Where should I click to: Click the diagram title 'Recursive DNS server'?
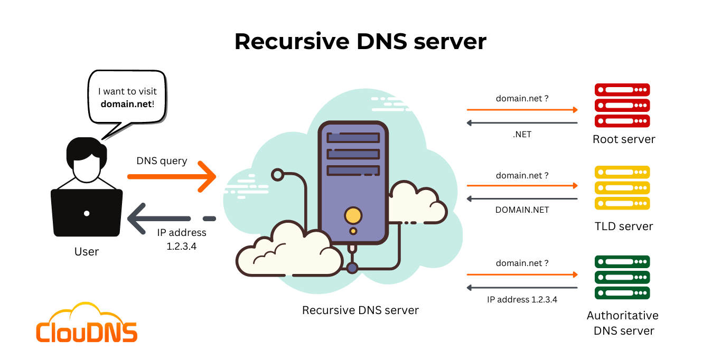(360, 41)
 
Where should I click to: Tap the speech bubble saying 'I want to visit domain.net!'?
(127, 97)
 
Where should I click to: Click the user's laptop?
(87, 214)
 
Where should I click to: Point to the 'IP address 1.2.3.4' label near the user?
(181, 239)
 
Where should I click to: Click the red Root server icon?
(622, 105)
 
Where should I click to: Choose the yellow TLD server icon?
(622, 188)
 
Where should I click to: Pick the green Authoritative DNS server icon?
(622, 277)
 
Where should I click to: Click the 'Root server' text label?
(624, 139)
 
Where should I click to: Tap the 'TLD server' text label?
(624, 226)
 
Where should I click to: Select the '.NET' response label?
(522, 135)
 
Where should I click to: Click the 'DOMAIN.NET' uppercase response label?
(522, 210)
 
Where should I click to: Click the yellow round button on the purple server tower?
(353, 215)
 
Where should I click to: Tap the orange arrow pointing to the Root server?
(522, 110)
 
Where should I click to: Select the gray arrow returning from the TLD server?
(522, 199)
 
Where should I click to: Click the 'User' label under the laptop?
(87, 252)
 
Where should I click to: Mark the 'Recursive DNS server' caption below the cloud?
(360, 310)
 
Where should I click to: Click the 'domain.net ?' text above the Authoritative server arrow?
(522, 263)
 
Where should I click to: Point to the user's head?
(87, 158)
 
